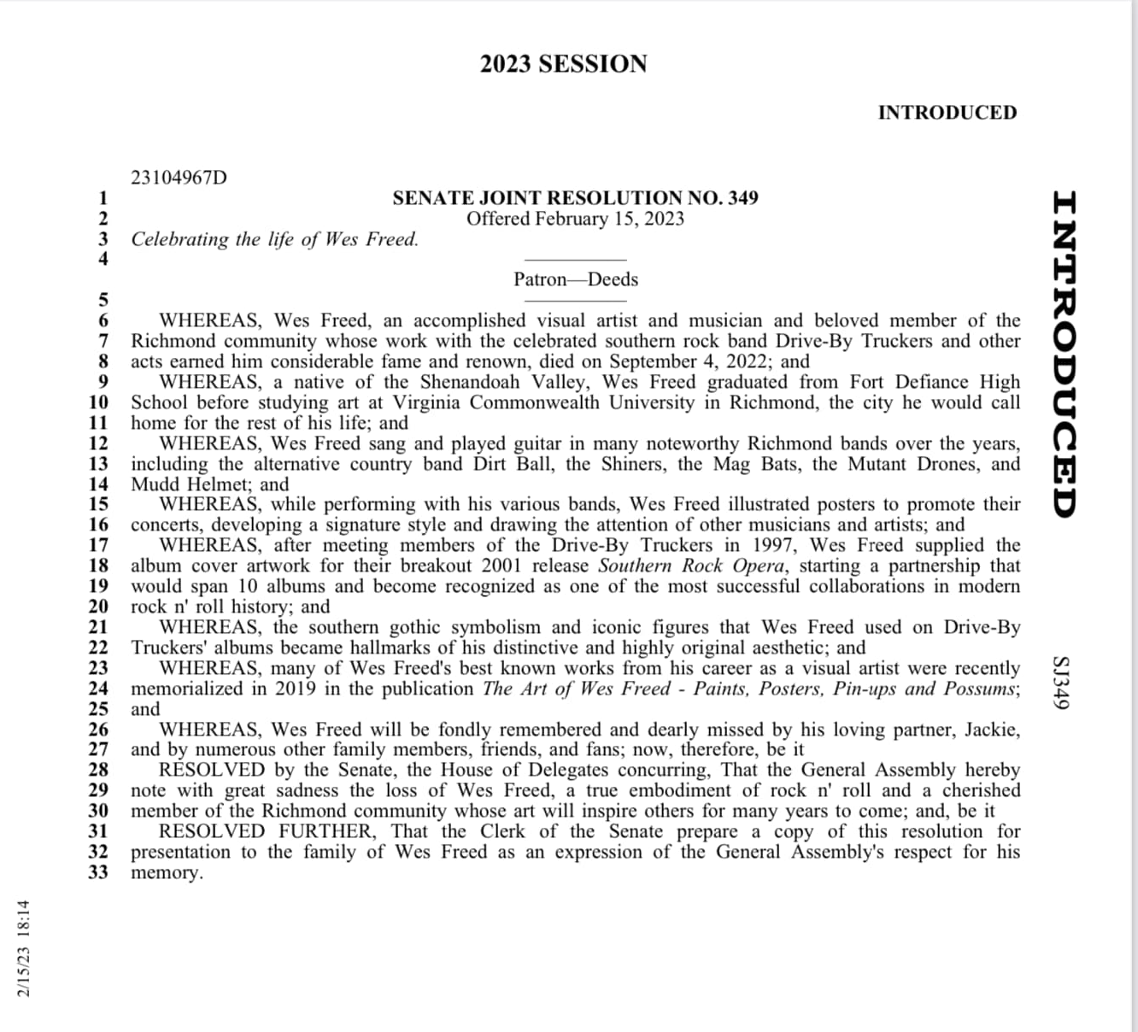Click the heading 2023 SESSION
(563, 64)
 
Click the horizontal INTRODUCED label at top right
(947, 113)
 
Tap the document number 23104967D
(179, 178)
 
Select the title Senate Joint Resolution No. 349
(575, 198)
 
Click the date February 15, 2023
(609, 219)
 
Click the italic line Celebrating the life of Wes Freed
(274, 239)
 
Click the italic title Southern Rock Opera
(690, 566)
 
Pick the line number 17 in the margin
(99, 545)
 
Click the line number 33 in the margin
(99, 872)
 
